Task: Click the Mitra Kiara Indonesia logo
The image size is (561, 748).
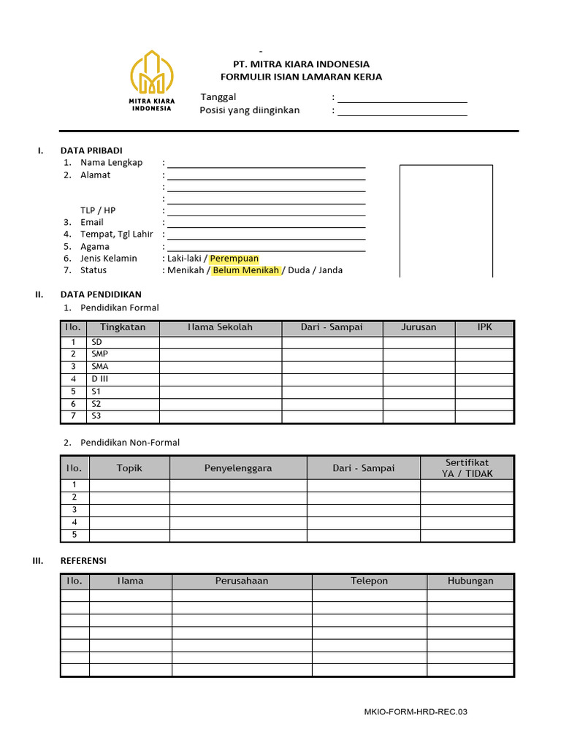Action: coord(151,80)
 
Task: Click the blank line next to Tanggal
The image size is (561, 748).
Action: coord(402,98)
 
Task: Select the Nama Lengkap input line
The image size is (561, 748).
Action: coord(267,163)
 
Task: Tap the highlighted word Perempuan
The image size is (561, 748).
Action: coord(234,259)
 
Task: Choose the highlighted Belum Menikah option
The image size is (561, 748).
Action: coord(246,270)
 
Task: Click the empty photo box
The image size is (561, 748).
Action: coord(446,221)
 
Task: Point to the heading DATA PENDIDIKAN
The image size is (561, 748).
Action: coord(101,294)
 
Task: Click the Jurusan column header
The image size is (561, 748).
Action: coord(419,327)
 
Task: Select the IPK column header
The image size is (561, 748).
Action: coord(485,327)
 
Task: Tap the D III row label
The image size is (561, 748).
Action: coord(99,379)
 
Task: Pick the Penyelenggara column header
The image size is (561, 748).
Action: coord(238,467)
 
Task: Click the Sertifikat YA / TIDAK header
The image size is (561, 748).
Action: coord(467,467)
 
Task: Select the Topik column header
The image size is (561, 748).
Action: coord(129,467)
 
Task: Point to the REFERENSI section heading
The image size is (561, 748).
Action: coord(83,560)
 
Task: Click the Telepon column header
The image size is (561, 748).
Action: coord(369,581)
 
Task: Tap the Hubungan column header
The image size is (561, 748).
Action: coord(470,581)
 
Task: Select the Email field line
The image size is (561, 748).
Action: coord(267,223)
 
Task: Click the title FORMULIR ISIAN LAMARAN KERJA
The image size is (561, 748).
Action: coord(301,77)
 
